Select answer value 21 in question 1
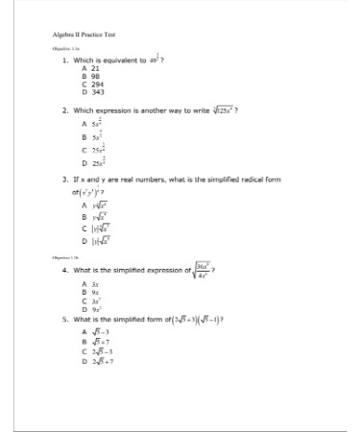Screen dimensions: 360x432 click(96, 69)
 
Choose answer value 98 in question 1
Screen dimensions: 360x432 click(96, 76)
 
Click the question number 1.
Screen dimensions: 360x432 click(63, 60)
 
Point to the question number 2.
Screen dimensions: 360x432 click(63, 111)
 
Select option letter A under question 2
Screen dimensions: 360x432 click(84, 125)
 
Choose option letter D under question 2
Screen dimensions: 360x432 click(84, 166)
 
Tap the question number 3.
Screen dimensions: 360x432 click(63, 179)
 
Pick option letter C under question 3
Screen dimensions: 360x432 click(84, 228)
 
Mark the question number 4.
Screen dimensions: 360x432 click(63, 271)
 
